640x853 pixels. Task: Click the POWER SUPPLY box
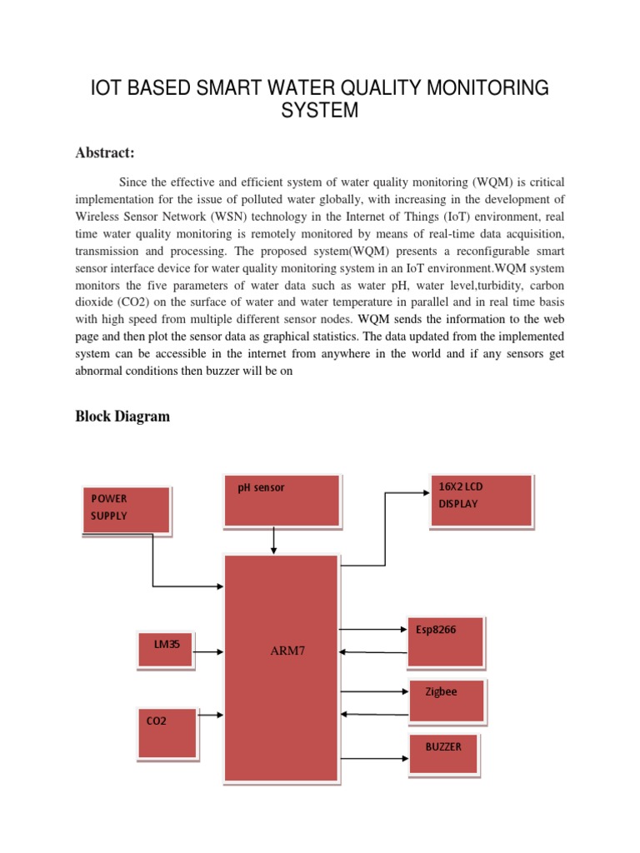126,510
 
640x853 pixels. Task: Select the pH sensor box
282,500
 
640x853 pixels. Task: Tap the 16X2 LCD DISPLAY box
480,501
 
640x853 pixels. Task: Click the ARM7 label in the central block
287,651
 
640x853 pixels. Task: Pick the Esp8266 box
445,641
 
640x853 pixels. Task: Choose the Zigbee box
447,701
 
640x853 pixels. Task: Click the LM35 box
165,650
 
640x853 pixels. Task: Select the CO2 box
167,733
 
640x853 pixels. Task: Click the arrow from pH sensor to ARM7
274,540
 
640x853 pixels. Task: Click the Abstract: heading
105,152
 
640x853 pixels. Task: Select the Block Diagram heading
122,417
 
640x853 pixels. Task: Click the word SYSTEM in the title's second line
320,110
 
